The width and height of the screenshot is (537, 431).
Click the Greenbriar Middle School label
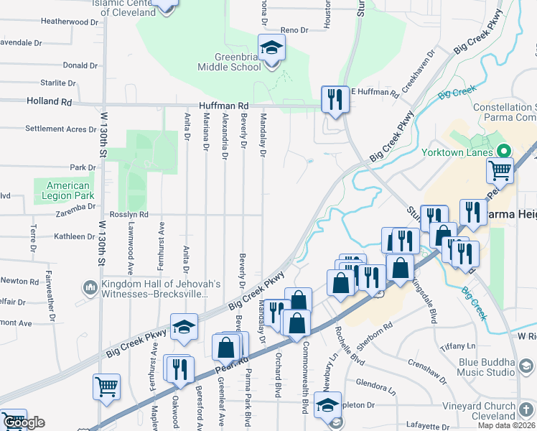pos(229,62)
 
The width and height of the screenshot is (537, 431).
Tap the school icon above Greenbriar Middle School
pos(272,49)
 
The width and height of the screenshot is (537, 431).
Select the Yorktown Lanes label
pos(466,152)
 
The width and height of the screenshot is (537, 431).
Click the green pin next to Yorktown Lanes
pos(503,152)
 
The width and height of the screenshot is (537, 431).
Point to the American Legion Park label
pos(64,190)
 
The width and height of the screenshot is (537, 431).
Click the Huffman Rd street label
pos(223,105)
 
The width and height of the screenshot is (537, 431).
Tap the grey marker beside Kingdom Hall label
pos(90,289)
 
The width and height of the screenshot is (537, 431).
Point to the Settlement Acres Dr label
pos(60,129)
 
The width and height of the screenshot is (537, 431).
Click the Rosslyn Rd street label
pos(129,214)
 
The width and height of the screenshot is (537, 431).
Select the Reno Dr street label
pos(294,30)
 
